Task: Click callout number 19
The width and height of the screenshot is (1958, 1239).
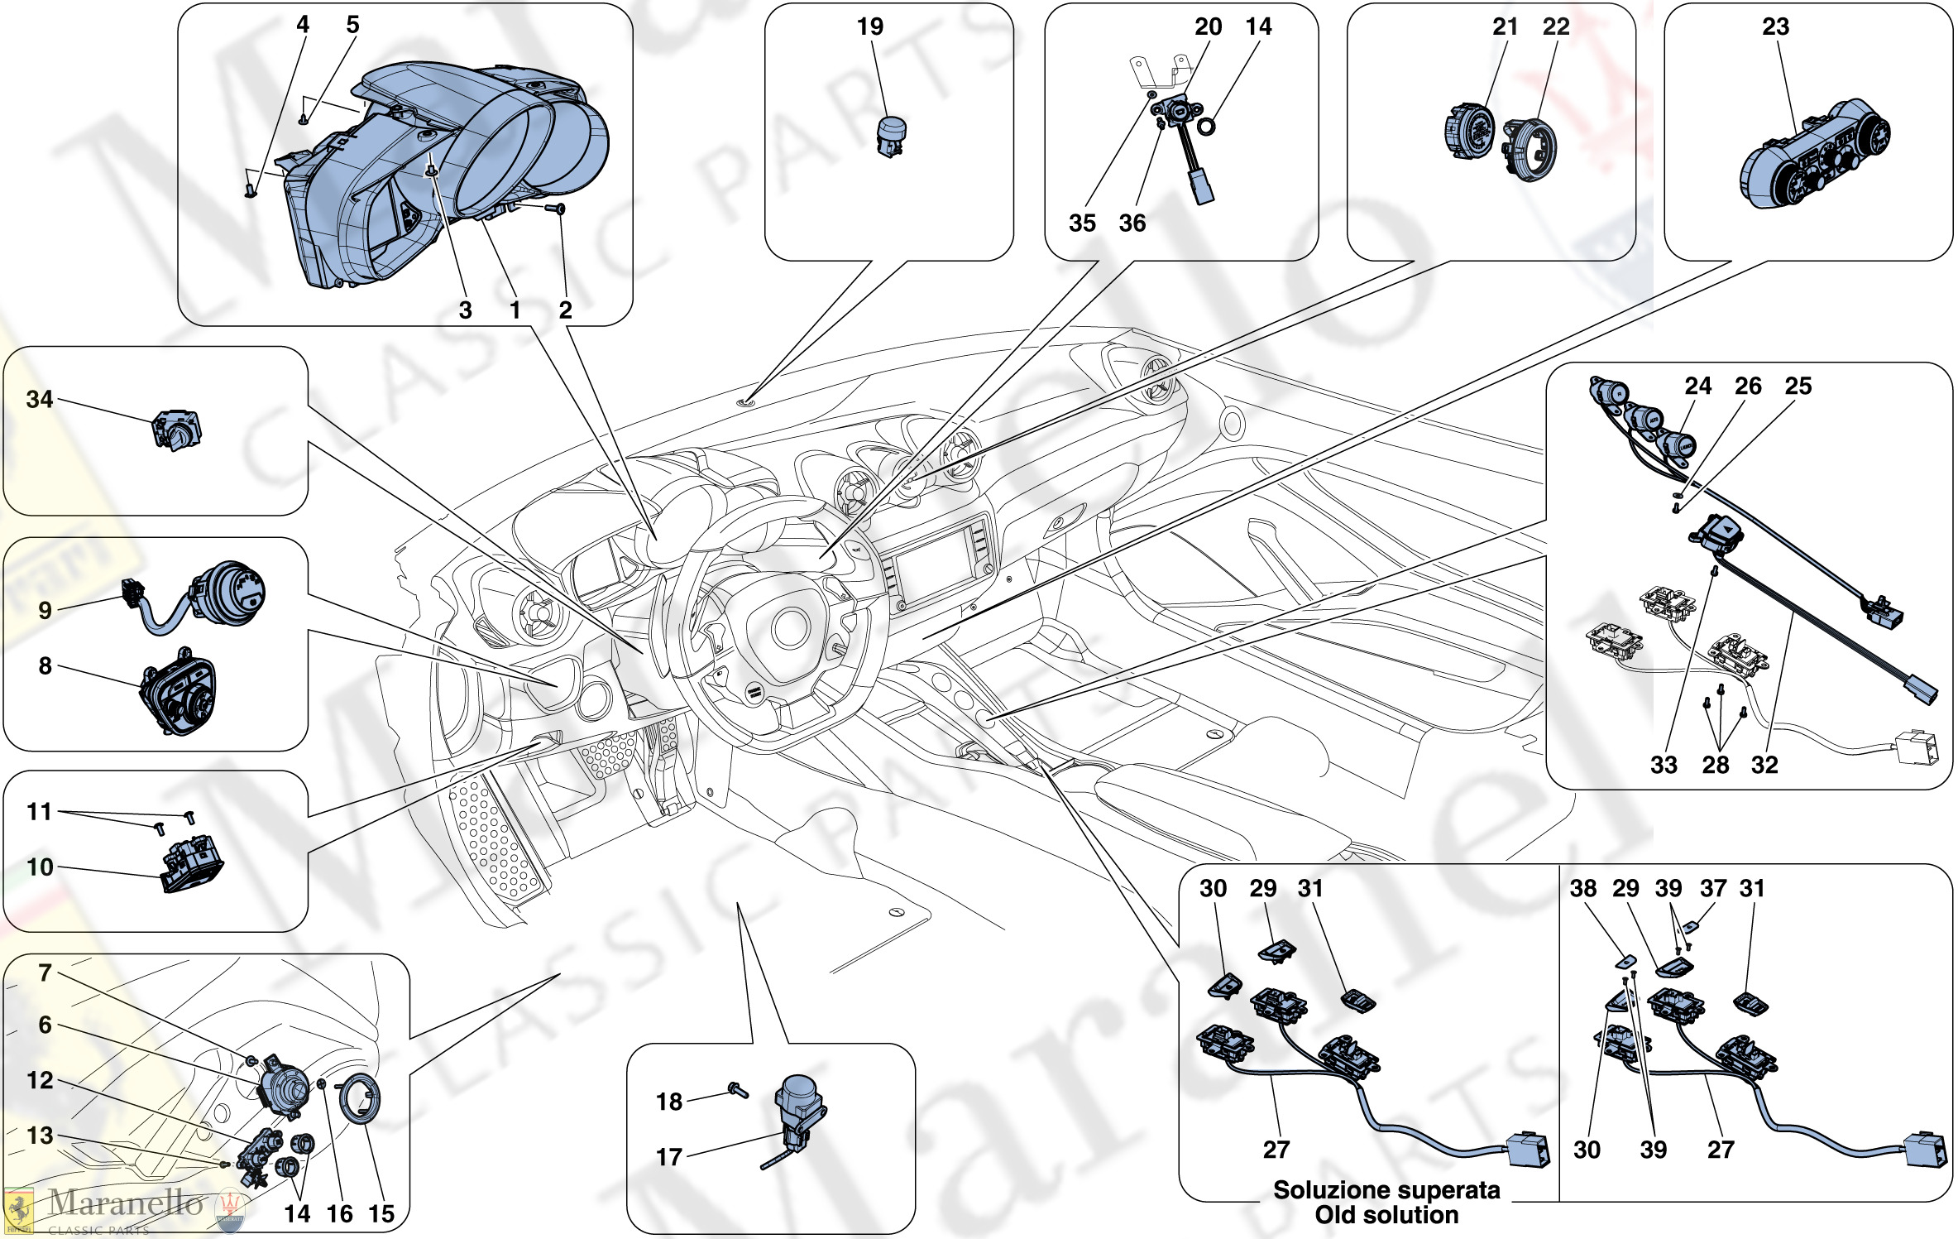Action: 869,26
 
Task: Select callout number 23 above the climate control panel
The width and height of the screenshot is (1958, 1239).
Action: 1775,26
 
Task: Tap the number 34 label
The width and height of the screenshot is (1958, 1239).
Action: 39,400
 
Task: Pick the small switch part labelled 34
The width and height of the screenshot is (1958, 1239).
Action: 176,430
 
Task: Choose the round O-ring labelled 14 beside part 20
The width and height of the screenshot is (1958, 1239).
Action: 1206,127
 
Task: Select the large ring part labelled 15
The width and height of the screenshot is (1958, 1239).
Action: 360,1098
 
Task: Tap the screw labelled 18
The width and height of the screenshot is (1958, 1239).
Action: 737,1090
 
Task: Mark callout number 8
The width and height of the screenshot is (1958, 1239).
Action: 45,665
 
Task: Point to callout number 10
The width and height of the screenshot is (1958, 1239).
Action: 40,867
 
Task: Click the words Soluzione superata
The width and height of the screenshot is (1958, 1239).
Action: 1386,1190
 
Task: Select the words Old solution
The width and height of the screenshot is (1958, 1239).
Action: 1386,1215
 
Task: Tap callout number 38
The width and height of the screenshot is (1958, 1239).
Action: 1582,888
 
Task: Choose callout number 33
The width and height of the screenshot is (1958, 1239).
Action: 1664,765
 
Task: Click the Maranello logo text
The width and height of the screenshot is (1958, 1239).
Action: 124,1203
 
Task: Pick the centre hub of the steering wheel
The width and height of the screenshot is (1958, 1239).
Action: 790,629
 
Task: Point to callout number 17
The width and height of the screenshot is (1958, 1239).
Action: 668,1157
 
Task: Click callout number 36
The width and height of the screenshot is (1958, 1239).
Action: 1132,223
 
